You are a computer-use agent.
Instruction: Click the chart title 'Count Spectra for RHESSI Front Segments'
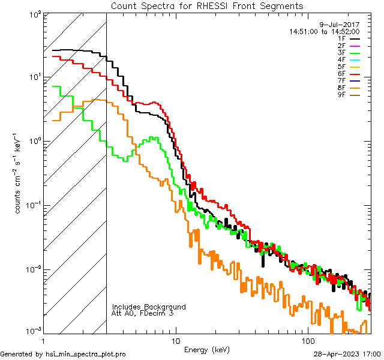[x=207, y=6]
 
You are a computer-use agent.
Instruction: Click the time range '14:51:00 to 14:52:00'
[x=325, y=31]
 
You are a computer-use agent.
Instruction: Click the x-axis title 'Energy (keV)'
[x=207, y=350]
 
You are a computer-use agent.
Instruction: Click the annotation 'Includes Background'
[x=149, y=307]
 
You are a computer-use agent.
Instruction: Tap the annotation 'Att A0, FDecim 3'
[x=143, y=313]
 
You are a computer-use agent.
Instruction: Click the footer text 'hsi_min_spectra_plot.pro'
[x=86, y=354]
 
